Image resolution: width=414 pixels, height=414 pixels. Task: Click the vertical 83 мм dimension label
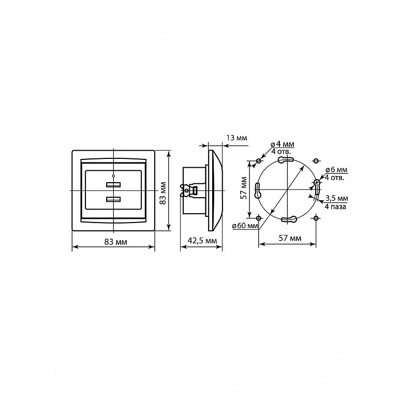tap(163, 193)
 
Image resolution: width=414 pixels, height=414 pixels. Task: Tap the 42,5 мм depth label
tap(202, 241)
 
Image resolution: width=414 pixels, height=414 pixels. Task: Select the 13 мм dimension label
tap(237, 138)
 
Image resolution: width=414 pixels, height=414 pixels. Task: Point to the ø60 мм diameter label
tap(245, 226)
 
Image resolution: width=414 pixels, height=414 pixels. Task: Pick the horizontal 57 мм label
tap(290, 238)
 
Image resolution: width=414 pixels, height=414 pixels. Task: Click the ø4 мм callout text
tap(283, 144)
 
